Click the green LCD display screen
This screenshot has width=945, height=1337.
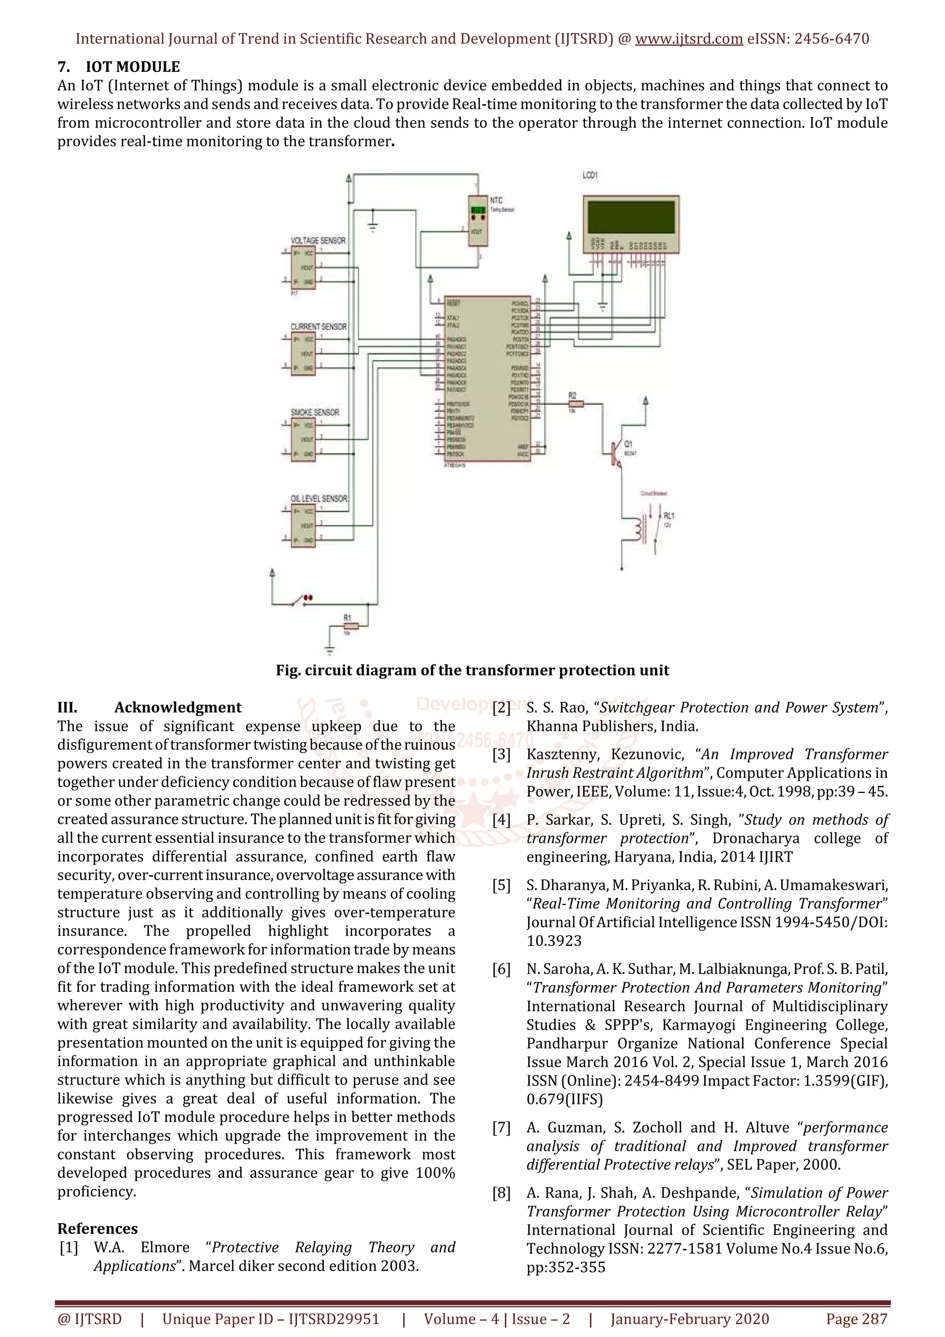pyautogui.click(x=631, y=217)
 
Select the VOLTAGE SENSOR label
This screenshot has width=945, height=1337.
pyautogui.click(x=318, y=240)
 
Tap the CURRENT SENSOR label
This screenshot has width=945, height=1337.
pyautogui.click(x=318, y=327)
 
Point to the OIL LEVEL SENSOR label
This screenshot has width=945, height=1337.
pyautogui.click(x=319, y=498)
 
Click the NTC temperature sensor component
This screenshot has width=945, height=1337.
pyautogui.click(x=478, y=221)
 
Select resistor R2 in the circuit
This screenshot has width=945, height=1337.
pyautogui.click(x=575, y=403)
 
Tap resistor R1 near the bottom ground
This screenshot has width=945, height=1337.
pyautogui.click(x=351, y=626)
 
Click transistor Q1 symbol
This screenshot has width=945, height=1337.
pyautogui.click(x=616, y=453)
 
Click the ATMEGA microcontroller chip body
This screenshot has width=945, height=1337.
pyautogui.click(x=487, y=378)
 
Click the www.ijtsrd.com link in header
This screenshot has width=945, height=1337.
pyautogui.click(x=688, y=39)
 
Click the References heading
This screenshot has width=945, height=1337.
pyautogui.click(x=97, y=1228)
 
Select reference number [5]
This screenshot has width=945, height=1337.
pyautogui.click(x=501, y=885)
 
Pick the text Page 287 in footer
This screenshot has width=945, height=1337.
pyautogui.click(x=856, y=1319)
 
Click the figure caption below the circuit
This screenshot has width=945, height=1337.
pyautogui.click(x=472, y=670)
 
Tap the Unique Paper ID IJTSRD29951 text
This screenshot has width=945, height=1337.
pyautogui.click(x=271, y=1319)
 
